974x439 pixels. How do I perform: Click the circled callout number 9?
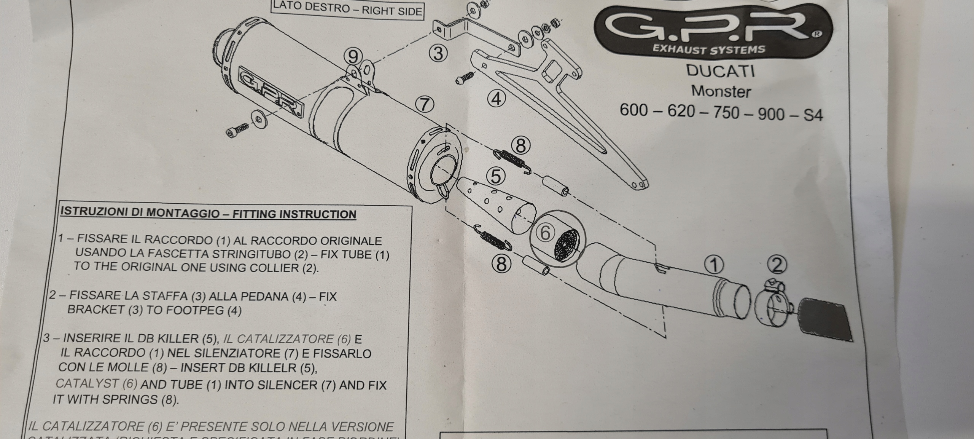pos(353,57)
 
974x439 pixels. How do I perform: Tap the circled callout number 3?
pos(438,54)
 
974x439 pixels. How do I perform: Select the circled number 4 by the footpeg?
pos(496,99)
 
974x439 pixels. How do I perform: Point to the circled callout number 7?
pos(425,104)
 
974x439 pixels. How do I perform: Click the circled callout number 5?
pos(495,176)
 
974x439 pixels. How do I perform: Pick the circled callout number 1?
pos(714,265)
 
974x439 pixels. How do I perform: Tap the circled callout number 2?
pos(777,265)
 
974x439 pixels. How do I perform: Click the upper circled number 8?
pos(520,145)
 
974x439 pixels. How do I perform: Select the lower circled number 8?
pos(501,263)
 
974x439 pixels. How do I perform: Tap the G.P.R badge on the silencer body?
pos(271,92)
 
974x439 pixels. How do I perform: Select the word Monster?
pos(721,92)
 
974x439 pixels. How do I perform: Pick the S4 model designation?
pos(813,115)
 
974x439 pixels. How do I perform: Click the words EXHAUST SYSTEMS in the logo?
pos(708,49)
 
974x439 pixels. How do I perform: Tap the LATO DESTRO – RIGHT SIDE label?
pos(347,9)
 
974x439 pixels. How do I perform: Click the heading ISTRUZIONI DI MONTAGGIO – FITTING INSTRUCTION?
pos(208,213)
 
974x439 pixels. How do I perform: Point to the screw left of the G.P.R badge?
pos(237,129)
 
